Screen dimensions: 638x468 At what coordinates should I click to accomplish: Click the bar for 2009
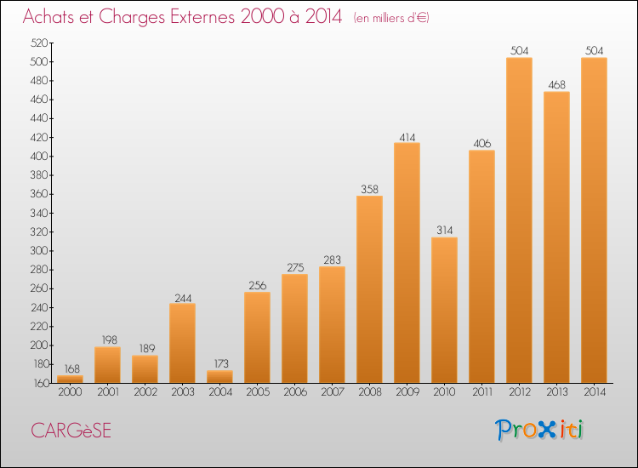(x=407, y=263)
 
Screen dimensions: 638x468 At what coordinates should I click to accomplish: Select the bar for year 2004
(x=219, y=376)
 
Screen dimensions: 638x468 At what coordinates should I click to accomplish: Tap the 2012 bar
(x=519, y=220)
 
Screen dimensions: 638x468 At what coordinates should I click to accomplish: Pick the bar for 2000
(x=70, y=379)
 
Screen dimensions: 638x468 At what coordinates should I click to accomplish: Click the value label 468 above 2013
(x=556, y=84)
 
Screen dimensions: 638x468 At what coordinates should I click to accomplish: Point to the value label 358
(x=369, y=189)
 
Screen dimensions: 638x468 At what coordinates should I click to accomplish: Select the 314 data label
(x=444, y=231)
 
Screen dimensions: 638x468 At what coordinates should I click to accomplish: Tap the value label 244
(x=183, y=299)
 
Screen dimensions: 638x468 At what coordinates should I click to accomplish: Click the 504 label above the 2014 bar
(x=594, y=50)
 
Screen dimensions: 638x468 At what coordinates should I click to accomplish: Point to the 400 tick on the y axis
(x=38, y=157)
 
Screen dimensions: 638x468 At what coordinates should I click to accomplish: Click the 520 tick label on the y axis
(x=38, y=43)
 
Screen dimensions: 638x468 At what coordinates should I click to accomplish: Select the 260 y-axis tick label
(x=38, y=288)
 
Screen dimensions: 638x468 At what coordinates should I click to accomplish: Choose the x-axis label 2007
(x=333, y=392)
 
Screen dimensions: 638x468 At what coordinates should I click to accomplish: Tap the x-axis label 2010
(x=444, y=392)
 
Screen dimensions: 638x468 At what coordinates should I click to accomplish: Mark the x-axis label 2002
(x=145, y=392)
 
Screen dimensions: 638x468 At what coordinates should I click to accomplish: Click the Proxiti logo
(x=539, y=430)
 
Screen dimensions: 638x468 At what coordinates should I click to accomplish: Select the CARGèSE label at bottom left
(x=71, y=431)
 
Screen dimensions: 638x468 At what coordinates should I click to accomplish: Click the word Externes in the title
(x=202, y=17)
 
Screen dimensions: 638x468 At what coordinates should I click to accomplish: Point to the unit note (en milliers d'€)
(x=391, y=18)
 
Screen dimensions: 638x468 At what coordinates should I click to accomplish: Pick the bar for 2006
(x=294, y=328)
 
